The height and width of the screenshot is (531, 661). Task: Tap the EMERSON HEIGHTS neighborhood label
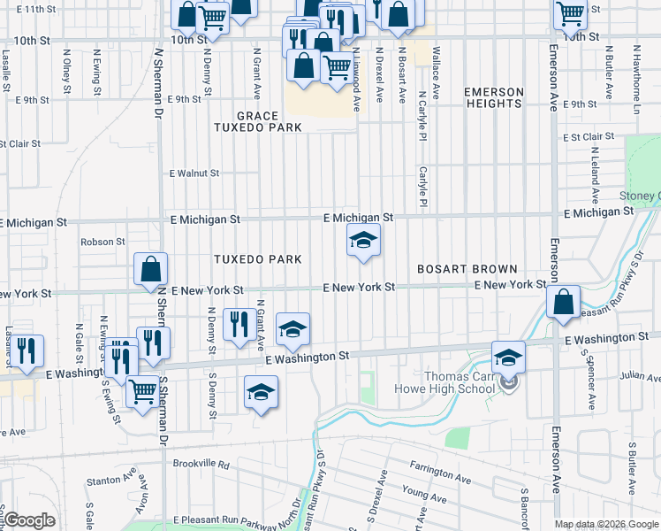pos(494,97)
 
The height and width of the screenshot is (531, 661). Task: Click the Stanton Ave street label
pos(110,482)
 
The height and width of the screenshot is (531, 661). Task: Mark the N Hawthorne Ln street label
pos(636,81)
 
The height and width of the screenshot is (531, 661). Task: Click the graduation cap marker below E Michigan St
pos(363,240)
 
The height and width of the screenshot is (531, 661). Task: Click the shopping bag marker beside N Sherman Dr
pos(151,268)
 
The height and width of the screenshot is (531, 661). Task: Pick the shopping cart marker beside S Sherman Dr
pos(142,391)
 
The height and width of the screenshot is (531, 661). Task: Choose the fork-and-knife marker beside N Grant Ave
pos(237,324)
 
